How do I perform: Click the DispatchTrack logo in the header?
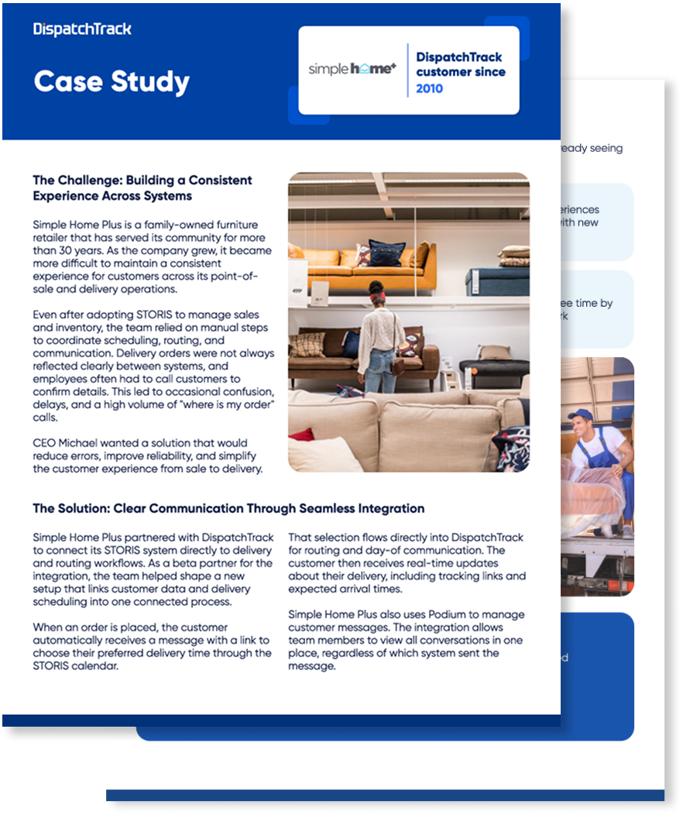click(x=82, y=29)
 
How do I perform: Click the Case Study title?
click(x=112, y=81)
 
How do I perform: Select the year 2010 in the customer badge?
click(x=430, y=88)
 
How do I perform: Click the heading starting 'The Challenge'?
click(x=142, y=187)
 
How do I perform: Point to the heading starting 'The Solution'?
click(x=228, y=508)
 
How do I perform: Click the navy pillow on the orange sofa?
click(x=386, y=253)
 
